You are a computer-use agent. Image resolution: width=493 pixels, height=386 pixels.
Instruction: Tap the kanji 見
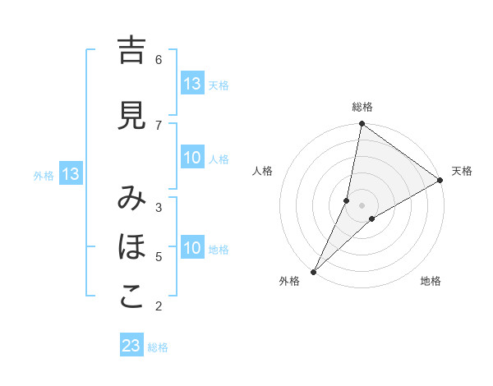click(131, 116)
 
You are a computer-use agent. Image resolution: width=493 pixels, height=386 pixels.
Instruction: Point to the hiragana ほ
click(131, 246)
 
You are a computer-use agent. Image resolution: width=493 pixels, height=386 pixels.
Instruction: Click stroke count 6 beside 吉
click(159, 59)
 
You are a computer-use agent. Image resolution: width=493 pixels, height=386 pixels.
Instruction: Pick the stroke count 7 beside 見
click(159, 125)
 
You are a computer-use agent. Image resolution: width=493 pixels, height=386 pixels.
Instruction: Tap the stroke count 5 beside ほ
click(159, 257)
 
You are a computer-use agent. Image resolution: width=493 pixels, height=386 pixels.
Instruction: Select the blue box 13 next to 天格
click(192, 84)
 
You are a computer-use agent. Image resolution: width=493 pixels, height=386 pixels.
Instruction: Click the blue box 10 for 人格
click(192, 159)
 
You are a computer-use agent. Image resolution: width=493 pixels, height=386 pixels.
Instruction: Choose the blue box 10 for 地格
click(192, 249)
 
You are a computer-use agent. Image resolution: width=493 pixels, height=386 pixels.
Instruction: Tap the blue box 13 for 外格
click(71, 174)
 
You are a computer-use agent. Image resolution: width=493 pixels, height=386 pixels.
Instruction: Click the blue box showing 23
click(131, 346)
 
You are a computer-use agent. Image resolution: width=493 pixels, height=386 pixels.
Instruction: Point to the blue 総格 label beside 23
click(158, 347)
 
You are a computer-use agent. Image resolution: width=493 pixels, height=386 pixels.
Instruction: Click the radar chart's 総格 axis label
click(362, 107)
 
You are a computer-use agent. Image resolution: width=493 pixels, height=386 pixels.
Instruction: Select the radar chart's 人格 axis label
click(263, 171)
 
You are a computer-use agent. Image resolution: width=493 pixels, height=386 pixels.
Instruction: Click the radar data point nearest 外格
click(313, 271)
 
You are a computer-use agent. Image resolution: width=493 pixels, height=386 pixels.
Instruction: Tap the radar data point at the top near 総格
click(362, 124)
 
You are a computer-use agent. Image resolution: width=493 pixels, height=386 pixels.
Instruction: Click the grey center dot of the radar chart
click(362, 205)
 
